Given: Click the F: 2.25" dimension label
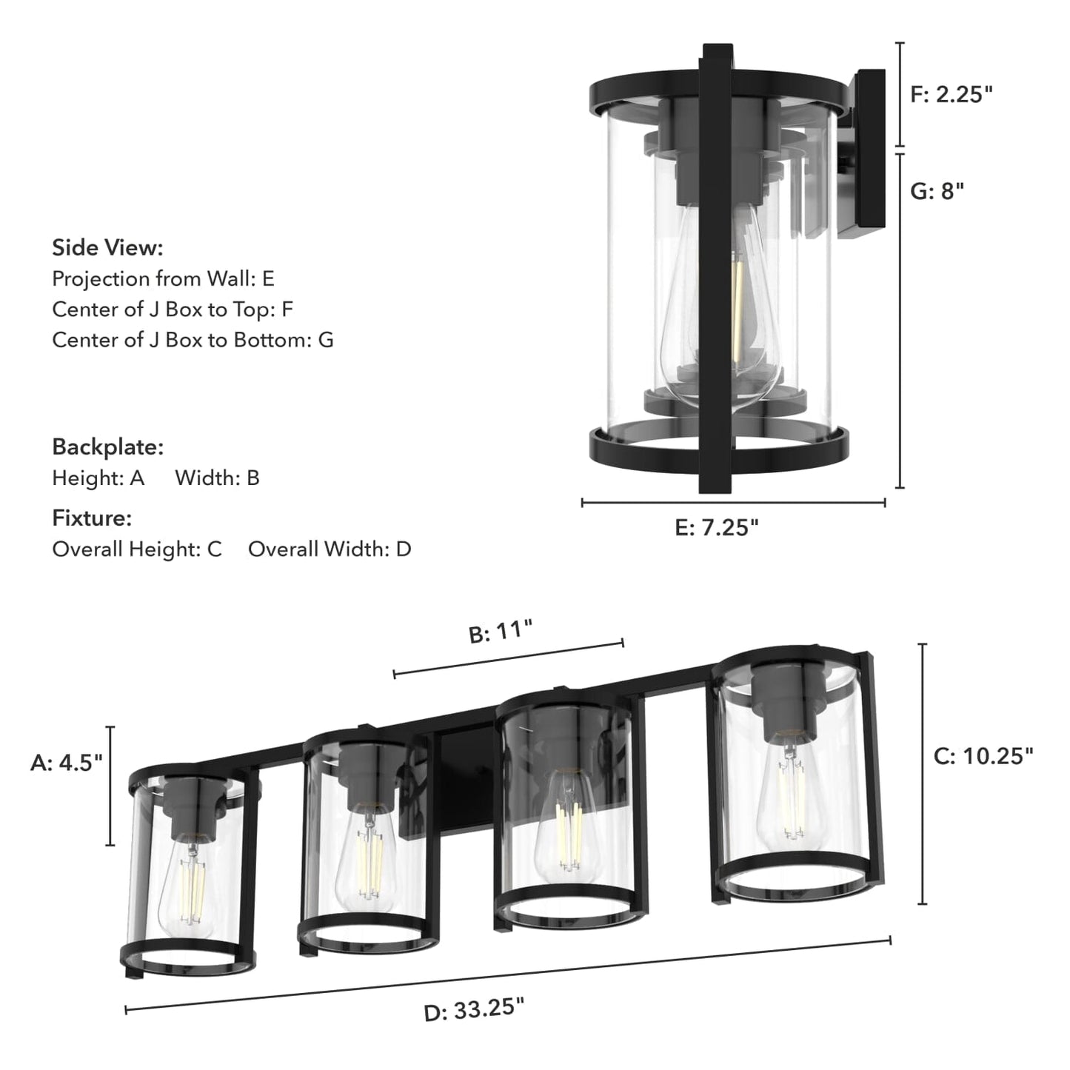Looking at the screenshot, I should tap(951, 95).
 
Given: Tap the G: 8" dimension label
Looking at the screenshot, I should tap(937, 192).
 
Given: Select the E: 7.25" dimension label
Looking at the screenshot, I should tap(717, 528).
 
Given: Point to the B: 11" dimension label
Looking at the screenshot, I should tap(501, 632).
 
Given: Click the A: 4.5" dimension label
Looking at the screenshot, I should tap(66, 763).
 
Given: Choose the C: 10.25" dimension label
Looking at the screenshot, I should tap(983, 756).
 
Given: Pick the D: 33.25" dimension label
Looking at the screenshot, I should tap(474, 1009).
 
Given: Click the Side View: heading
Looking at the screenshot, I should tap(107, 247).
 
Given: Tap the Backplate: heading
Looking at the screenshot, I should tap(107, 447).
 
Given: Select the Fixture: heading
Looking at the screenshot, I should tap(92, 518).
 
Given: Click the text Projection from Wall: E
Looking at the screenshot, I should tap(163, 279).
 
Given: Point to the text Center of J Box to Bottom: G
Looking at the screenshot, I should tap(193, 341).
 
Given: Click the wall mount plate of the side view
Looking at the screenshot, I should tap(865, 148).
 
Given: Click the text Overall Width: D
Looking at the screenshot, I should tap(330, 549).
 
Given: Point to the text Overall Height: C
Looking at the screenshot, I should tap(137, 549).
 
